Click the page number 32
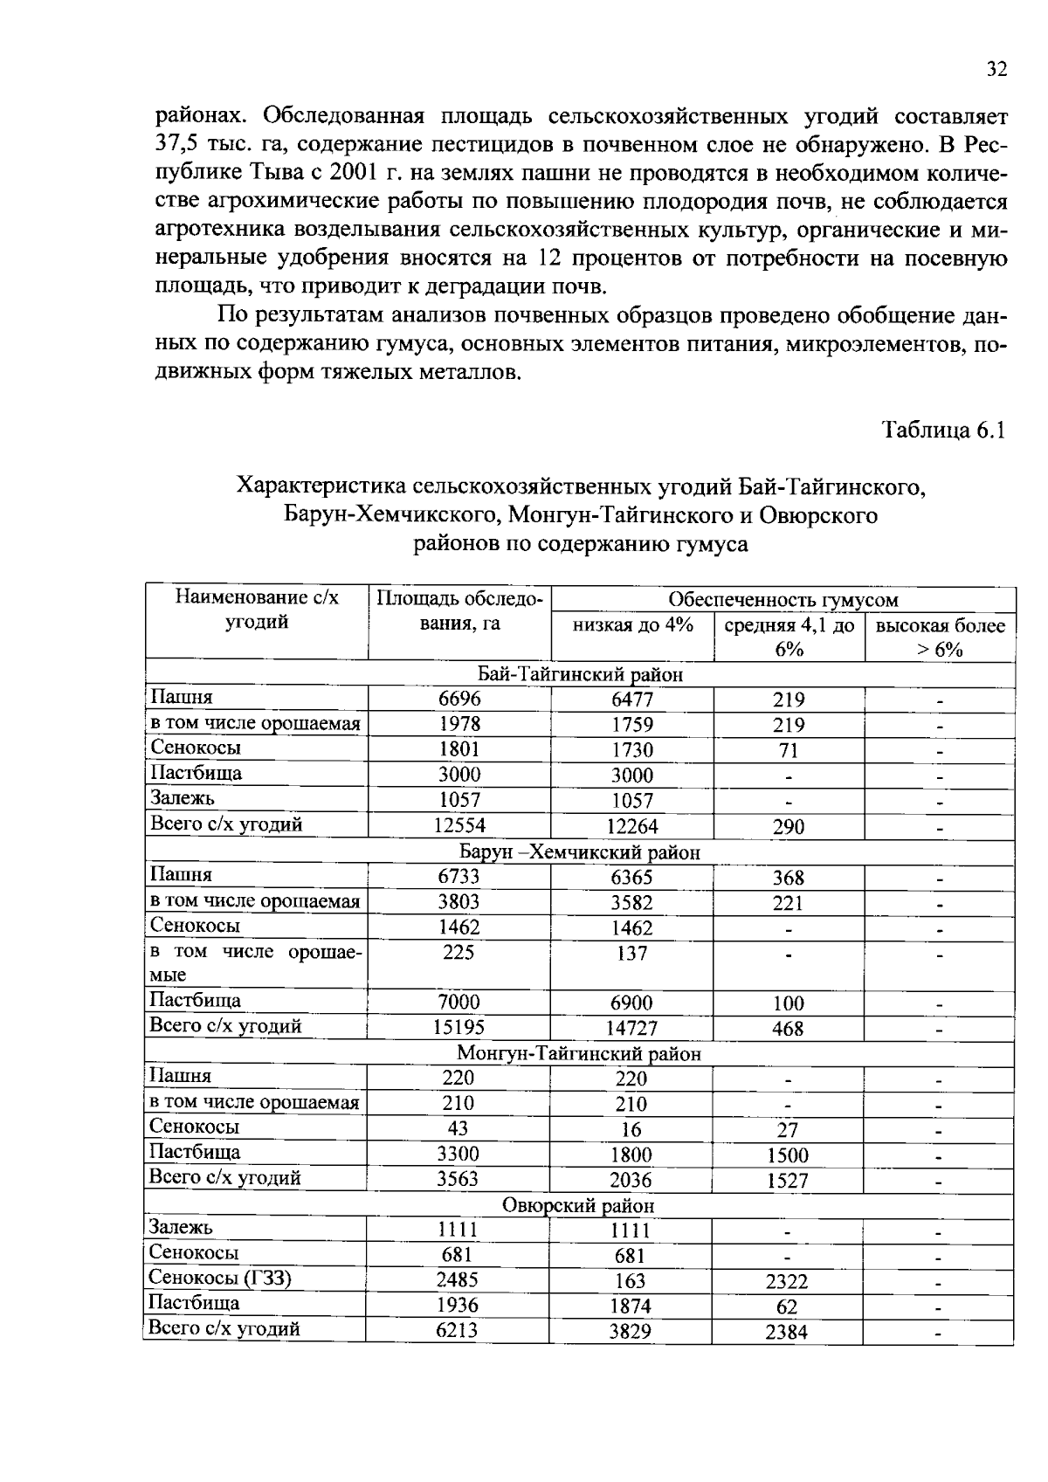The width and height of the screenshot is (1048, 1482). pos(996,69)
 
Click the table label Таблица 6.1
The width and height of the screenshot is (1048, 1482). pos(944,430)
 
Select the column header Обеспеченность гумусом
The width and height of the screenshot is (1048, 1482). pos(783,599)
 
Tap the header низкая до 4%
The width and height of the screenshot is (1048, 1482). pos(632,625)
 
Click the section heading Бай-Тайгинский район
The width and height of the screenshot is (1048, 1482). pos(580,674)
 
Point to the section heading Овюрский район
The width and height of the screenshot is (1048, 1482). pos(578,1205)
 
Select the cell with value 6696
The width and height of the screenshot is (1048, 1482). pos(459,698)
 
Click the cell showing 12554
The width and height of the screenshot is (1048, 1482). pos(459,824)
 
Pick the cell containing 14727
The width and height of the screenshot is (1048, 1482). pos(631,1028)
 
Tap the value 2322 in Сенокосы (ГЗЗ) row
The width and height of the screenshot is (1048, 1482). pos(787,1281)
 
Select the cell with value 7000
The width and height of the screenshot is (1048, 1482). pos(458,1002)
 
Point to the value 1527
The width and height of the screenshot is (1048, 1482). pos(788,1181)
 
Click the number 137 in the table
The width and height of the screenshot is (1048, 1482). pos(631,953)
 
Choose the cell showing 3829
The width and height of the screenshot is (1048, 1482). pos(631,1332)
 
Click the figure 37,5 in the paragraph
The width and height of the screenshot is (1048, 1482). pos(173,144)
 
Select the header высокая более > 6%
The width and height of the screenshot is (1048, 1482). pos(940,638)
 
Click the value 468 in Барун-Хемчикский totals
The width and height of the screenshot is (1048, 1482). pos(788,1028)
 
